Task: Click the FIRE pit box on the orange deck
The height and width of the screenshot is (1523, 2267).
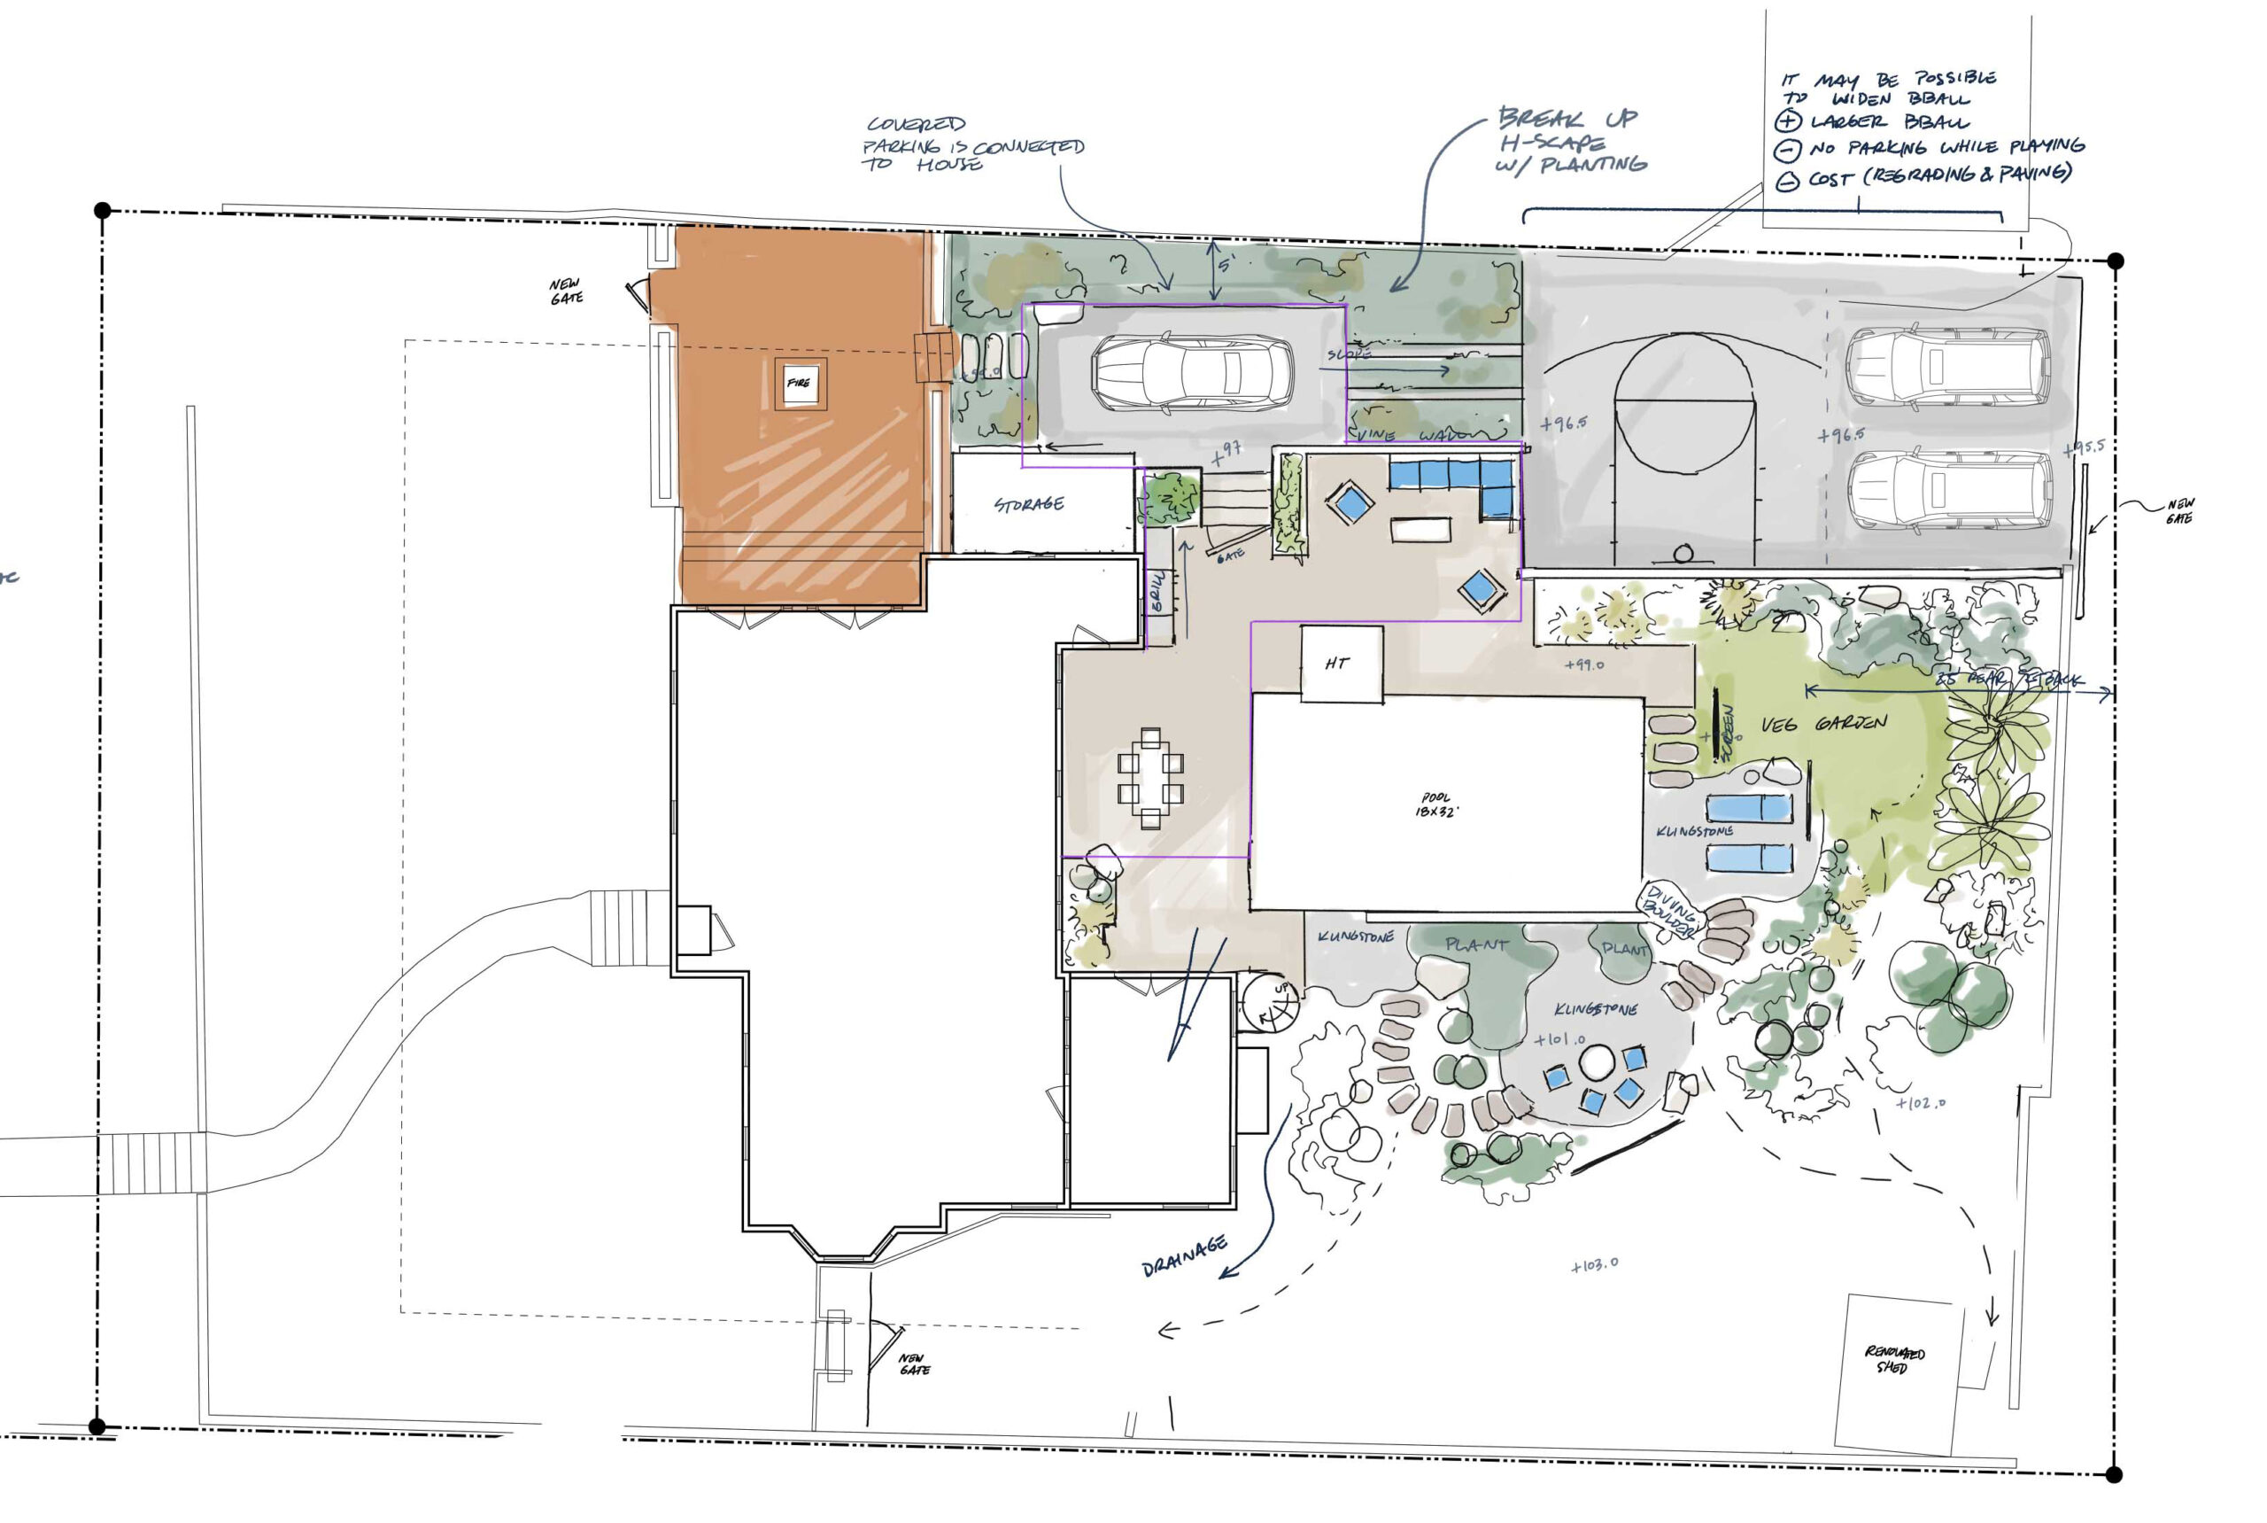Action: pyautogui.click(x=799, y=383)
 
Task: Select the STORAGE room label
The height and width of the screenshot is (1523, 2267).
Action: pyautogui.click(x=1028, y=504)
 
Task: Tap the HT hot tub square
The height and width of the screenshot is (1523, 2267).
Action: pyautogui.click(x=1340, y=664)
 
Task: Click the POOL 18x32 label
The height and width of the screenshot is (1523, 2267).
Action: pyautogui.click(x=1436, y=804)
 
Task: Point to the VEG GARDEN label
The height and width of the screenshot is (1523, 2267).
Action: pyautogui.click(x=1823, y=724)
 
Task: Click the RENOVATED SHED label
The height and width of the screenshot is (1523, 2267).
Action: pyautogui.click(x=1893, y=1359)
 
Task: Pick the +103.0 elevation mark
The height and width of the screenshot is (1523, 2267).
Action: pyautogui.click(x=1594, y=1264)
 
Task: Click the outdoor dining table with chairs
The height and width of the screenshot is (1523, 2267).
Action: pyautogui.click(x=1150, y=778)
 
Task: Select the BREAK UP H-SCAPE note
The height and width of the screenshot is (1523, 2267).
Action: pyautogui.click(x=1571, y=142)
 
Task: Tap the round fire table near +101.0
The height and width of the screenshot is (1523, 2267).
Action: pyautogui.click(x=1596, y=1062)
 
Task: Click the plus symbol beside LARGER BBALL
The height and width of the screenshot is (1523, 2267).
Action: pyautogui.click(x=1787, y=122)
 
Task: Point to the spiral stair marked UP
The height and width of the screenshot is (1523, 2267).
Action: pyautogui.click(x=1272, y=1003)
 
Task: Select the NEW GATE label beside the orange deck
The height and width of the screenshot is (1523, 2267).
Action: pyautogui.click(x=566, y=291)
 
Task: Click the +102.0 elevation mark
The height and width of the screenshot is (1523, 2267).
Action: pyautogui.click(x=1921, y=1103)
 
